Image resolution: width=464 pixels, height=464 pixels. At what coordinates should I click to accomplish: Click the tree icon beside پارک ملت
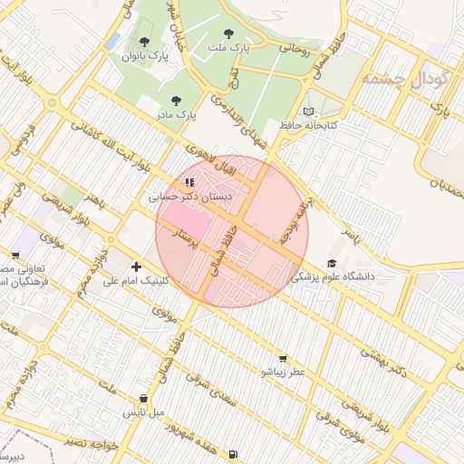240,33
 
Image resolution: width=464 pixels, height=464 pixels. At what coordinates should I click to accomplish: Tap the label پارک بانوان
145,56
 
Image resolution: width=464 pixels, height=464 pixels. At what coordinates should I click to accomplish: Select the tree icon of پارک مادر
176,101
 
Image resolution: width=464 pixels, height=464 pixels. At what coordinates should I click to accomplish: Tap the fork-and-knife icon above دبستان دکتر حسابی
188,182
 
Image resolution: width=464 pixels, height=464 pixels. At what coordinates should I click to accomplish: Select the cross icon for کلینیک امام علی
136,266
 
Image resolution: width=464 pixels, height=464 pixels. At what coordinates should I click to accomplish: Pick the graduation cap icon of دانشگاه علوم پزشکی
332,263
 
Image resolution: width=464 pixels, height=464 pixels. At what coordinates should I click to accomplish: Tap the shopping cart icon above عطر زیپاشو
284,359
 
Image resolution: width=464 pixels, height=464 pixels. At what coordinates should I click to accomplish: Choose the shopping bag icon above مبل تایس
144,399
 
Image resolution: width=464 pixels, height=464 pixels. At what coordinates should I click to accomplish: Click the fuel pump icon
234,454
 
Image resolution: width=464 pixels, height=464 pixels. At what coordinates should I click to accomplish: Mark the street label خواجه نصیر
93,444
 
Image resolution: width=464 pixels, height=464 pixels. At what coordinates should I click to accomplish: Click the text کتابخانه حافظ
308,125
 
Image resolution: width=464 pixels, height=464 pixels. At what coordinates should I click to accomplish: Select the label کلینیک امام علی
136,281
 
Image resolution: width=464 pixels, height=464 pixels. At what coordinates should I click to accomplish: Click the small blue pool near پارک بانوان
112,41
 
